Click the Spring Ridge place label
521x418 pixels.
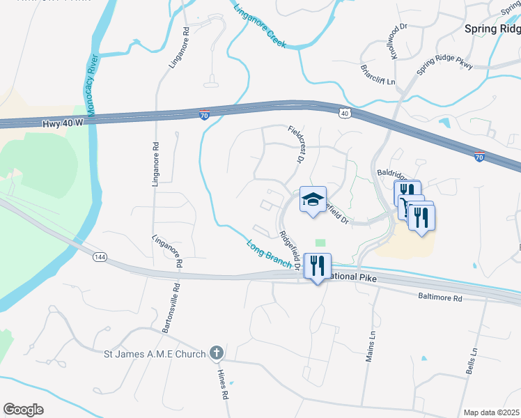492,29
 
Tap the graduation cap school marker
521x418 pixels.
313,200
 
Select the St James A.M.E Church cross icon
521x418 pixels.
217,353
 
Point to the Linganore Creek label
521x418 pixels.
259,26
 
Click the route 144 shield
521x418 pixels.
100,257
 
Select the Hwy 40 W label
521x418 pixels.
62,123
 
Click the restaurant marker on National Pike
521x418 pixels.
317,265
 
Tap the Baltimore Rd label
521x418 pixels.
440,297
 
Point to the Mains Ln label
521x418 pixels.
371,347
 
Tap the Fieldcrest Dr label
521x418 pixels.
297,144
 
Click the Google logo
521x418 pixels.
23,410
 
